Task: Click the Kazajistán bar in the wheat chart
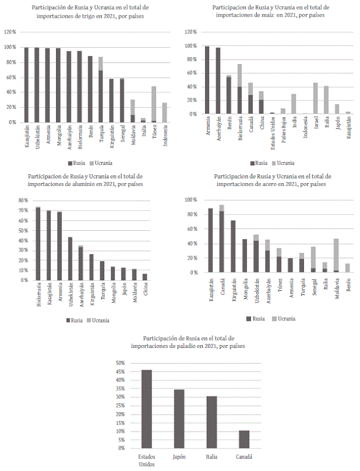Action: click(26, 85)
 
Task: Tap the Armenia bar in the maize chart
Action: click(207, 80)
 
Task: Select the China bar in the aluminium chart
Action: click(145, 277)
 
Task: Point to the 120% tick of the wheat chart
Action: click(10, 31)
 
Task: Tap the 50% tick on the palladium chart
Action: click(120, 363)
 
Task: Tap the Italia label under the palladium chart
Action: click(211, 457)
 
